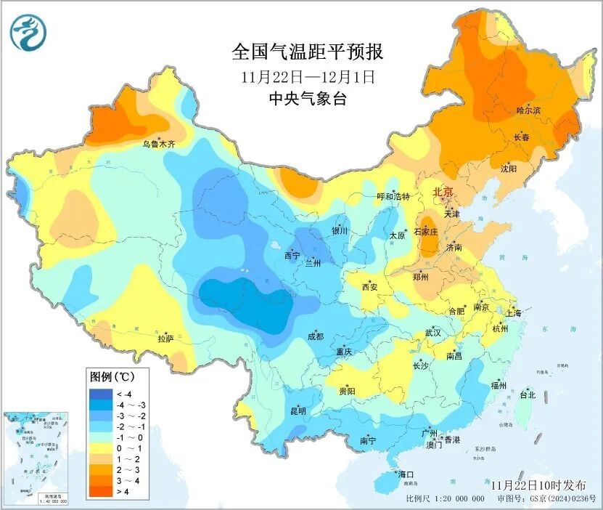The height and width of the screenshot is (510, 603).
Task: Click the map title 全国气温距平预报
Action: pos(307,52)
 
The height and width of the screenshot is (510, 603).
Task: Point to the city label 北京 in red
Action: pos(443,192)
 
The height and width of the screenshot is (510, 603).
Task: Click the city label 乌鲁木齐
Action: pos(158,145)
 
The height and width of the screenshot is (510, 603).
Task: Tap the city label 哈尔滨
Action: pos(528,110)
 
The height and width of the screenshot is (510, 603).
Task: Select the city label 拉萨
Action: pos(165,338)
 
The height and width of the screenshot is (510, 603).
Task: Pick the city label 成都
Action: pos(315,336)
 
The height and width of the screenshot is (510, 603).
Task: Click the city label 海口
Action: pos(406,474)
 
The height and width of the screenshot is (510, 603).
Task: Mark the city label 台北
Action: pos(527,395)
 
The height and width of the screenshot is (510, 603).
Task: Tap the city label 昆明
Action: pos(298,410)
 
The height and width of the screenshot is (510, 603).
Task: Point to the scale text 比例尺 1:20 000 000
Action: pos(445,499)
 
